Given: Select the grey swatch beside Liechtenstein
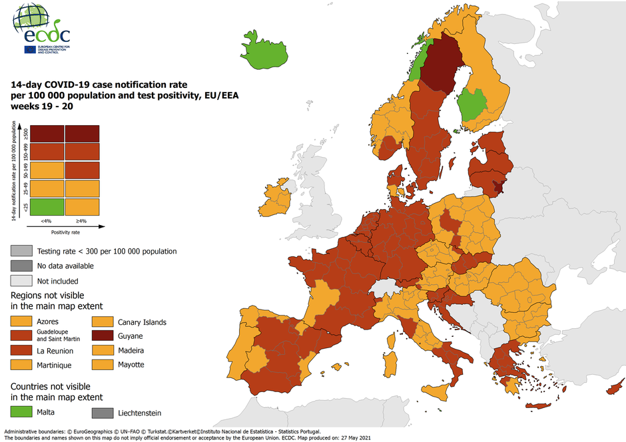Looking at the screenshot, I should pyautogui.click(x=103, y=413).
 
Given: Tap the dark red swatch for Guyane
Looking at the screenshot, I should pyautogui.click(x=103, y=336).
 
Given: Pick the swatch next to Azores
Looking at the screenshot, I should pyautogui.click(x=22, y=322).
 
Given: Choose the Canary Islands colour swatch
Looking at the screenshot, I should pyautogui.click(x=103, y=322).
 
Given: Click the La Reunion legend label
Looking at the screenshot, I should pyautogui.click(x=55, y=351).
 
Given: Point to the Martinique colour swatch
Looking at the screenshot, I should pyautogui.click(x=22, y=365).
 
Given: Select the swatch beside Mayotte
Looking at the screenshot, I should pyautogui.click(x=103, y=364).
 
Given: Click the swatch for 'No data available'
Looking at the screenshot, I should pyautogui.click(x=22, y=266).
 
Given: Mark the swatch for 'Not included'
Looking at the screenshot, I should pyautogui.click(x=22, y=280).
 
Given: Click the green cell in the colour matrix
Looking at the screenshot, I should pyautogui.click(x=47, y=206).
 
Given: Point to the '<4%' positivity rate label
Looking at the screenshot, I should pyautogui.click(x=47, y=220).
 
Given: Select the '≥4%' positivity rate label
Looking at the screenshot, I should pyautogui.click(x=82, y=220).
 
